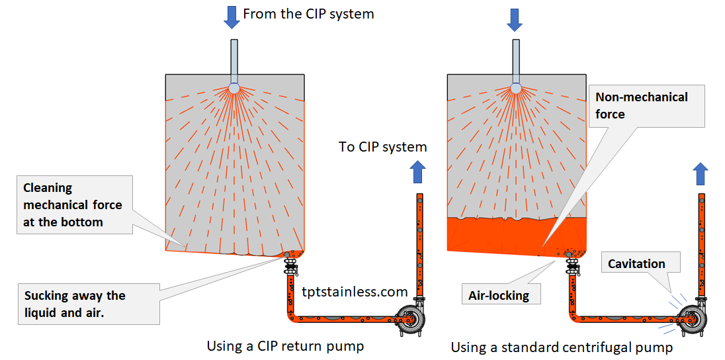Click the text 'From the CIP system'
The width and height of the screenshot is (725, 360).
coord(308,14)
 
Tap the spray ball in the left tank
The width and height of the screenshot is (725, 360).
coord(234,88)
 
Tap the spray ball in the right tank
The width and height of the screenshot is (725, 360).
coord(516,88)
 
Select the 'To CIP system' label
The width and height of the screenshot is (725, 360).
coord(382,147)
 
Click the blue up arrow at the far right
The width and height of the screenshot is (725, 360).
coord(700,174)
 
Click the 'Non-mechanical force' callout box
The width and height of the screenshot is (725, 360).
coord(646,106)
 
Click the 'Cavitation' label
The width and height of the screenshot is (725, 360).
coord(636,263)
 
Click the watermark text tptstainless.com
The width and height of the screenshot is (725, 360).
coord(355,291)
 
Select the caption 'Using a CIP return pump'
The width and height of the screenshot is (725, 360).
coord(285,345)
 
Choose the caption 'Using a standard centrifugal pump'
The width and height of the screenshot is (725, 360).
coord(562,347)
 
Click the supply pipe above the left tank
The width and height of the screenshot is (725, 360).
coord(234,60)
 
